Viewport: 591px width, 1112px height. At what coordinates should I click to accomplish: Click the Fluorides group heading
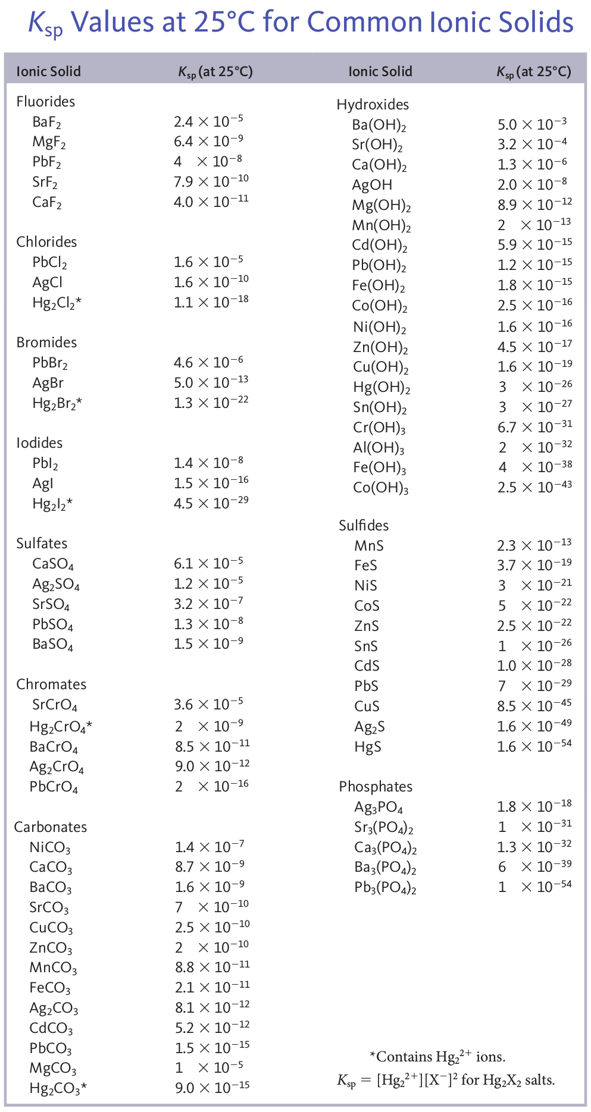point(46,102)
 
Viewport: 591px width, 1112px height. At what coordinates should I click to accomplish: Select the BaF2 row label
point(47,122)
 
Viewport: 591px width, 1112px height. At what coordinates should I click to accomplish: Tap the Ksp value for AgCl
point(211,281)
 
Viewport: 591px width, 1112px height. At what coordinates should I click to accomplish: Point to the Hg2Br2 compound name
point(57,404)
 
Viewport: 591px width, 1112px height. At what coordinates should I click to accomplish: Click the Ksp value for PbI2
point(208,463)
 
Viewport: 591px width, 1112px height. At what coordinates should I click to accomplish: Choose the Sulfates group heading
point(42,544)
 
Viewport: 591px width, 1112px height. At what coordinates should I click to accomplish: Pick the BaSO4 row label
point(53,645)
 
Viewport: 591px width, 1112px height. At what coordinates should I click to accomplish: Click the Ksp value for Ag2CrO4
point(212,766)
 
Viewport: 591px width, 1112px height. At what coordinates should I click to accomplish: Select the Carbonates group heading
point(51,827)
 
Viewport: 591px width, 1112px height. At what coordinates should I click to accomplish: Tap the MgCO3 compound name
point(53,1069)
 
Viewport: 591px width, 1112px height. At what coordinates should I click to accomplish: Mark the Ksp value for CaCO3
point(209,867)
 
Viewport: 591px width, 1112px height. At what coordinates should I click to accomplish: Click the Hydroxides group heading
point(373,105)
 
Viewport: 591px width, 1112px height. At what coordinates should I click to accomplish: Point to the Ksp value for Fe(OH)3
point(534,467)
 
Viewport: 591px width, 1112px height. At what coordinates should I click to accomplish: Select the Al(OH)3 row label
point(379,448)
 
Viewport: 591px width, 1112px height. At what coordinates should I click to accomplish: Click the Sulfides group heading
point(364,526)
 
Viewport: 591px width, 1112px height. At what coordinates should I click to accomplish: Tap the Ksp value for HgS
point(534,746)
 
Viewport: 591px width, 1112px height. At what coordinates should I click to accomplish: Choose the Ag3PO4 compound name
point(379,808)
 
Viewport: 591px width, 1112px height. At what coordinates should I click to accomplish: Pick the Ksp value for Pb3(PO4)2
point(534,887)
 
